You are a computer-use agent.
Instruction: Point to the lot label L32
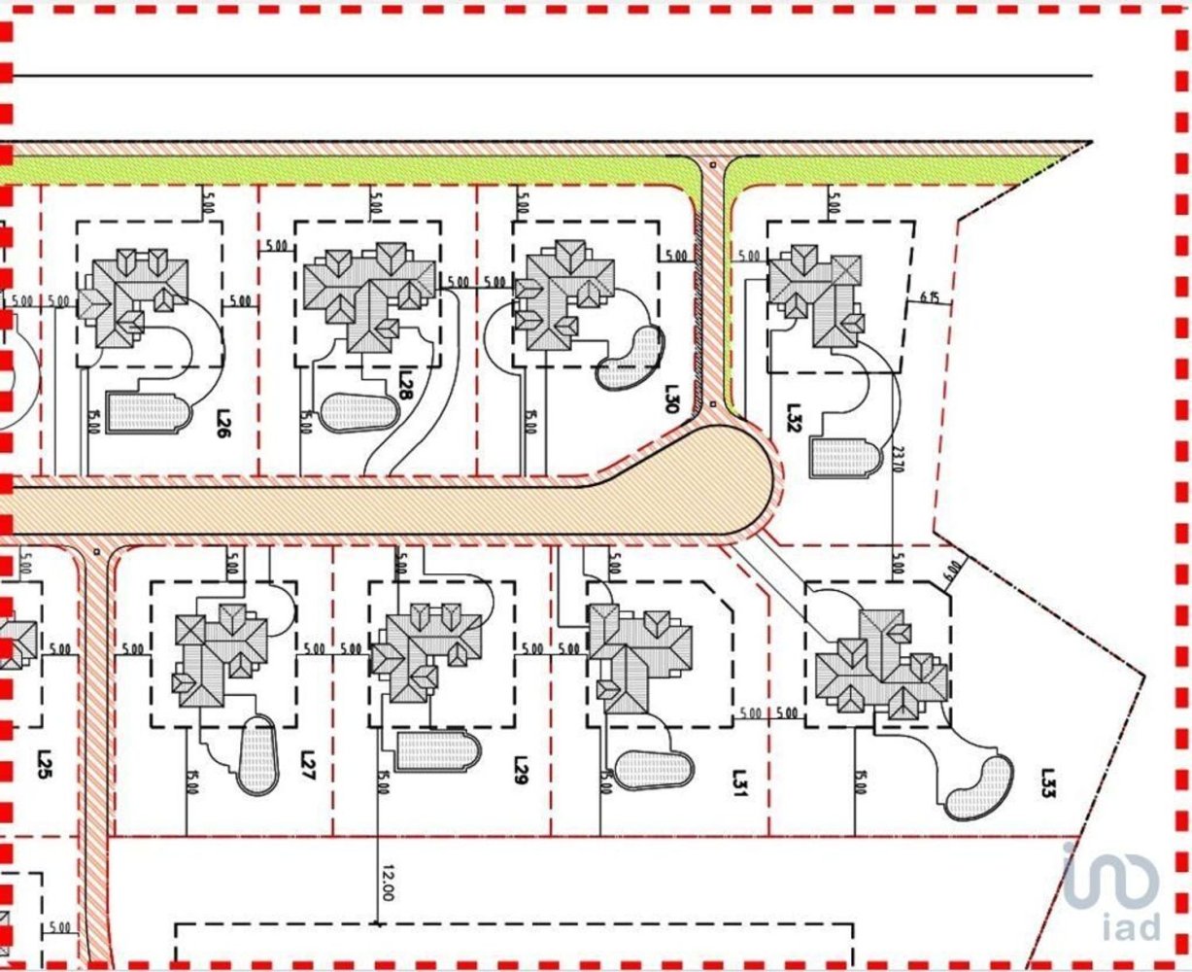coord(793,418)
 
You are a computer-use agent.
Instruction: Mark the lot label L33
coord(1047,782)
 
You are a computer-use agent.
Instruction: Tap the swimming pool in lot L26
coord(146,412)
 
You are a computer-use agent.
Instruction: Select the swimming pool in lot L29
coord(438,750)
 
